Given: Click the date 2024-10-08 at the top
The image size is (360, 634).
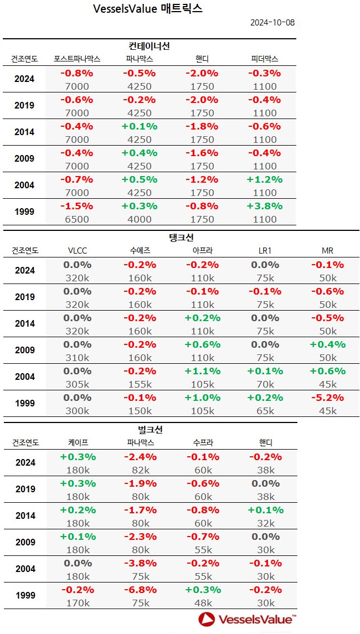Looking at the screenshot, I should pos(272,23).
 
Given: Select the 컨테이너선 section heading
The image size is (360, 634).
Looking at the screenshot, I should pos(150,46).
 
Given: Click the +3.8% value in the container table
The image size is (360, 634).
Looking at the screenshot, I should pos(264,206).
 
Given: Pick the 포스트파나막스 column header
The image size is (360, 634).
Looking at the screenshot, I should pos(77,59).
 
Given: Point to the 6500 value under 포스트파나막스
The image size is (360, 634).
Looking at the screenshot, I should pos(77,219).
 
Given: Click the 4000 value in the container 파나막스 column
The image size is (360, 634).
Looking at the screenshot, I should pos(139,219).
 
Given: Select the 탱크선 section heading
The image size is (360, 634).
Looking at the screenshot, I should pos(181,238).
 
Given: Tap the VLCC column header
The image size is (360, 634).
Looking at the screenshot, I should pos(77,251).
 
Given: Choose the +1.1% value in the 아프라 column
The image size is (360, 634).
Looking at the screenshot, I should pos(202,371).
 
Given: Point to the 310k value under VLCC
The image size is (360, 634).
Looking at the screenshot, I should pos(77,357).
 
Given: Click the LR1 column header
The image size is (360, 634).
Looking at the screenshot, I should pos(265,251).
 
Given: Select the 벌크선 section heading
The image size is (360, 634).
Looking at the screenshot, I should pos(150,430).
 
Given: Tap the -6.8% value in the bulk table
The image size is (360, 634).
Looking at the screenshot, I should pos(139,590).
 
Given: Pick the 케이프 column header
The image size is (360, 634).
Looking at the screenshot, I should pos(77,443).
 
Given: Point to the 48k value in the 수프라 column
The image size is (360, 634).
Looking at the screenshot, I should pos(203,603).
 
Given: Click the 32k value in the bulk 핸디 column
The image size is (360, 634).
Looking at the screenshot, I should pos(265,523).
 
